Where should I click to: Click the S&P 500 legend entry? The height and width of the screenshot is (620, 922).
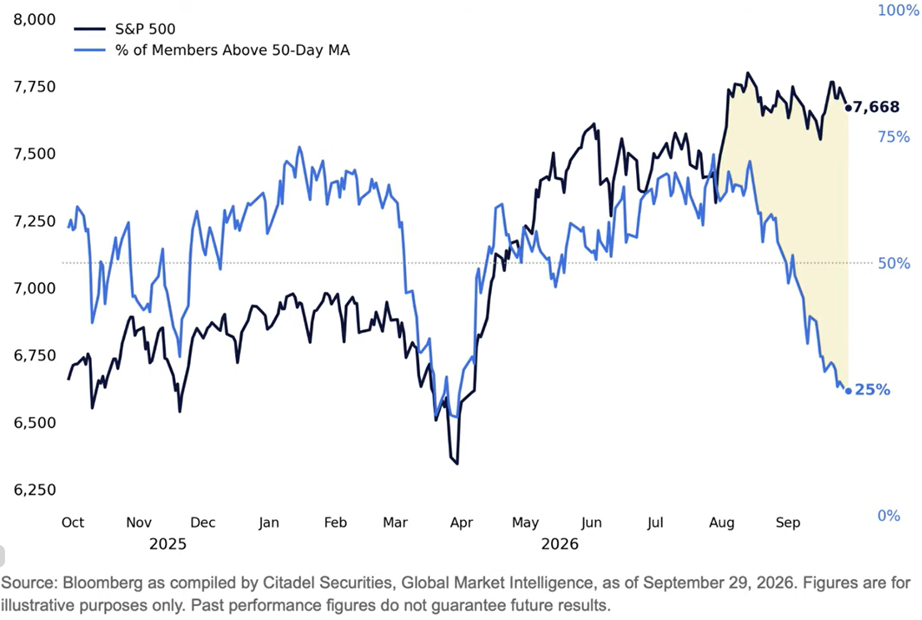tap(125, 29)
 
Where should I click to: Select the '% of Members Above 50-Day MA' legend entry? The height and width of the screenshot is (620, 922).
tap(212, 50)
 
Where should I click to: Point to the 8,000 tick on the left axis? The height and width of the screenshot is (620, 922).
tap(35, 19)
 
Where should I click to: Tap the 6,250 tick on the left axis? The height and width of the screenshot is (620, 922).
tap(35, 490)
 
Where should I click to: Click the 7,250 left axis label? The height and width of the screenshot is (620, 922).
tap(35, 221)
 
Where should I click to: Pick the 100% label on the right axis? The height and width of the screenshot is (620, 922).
tap(898, 10)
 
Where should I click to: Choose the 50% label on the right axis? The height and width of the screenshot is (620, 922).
tap(894, 263)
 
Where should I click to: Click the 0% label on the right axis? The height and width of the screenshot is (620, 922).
tap(889, 516)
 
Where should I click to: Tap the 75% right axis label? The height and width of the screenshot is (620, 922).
tap(894, 137)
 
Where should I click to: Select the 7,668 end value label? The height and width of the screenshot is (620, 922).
tap(876, 107)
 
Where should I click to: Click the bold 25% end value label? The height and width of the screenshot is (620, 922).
tap(873, 390)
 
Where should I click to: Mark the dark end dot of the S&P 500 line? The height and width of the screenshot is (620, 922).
tap(848, 108)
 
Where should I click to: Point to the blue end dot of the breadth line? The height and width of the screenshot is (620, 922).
tap(848, 391)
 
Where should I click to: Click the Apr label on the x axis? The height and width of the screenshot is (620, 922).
tap(462, 523)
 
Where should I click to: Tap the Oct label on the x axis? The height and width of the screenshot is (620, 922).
tap(73, 522)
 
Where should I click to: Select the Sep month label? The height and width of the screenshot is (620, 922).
tap(788, 523)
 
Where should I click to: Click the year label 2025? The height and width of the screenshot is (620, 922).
tap(168, 544)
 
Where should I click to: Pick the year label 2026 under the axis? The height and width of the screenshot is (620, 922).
tap(560, 544)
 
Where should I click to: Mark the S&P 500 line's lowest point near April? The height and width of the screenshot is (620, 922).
tap(458, 464)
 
